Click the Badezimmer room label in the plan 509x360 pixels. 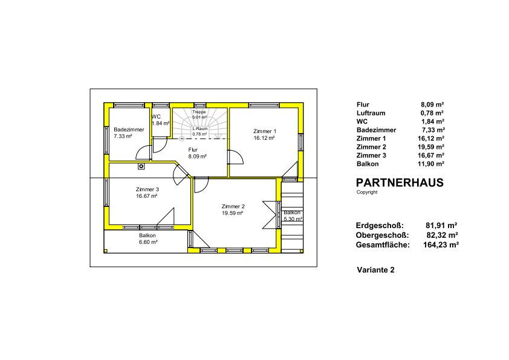point(129,129)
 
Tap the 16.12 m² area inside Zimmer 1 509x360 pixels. point(264,138)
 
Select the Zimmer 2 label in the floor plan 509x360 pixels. point(233,206)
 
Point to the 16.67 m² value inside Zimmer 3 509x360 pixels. point(147,196)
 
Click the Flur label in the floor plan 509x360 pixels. point(193,150)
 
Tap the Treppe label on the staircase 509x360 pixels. point(199,112)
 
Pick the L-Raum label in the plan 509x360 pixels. point(199,129)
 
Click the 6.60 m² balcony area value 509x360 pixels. point(147,242)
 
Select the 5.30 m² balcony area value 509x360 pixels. point(293,219)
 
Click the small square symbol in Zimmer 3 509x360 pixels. point(141,166)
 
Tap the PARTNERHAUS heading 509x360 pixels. point(400,183)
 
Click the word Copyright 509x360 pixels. point(367,192)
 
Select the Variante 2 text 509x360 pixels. point(375,270)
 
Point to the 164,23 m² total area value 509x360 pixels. point(441,245)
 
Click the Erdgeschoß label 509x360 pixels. point(380,226)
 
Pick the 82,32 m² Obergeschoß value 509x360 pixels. point(442,235)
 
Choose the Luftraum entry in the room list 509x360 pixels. point(371,113)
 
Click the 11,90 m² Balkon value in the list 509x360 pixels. point(431,164)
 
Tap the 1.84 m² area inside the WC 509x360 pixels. point(161,123)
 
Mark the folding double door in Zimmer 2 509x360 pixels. point(270,215)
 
